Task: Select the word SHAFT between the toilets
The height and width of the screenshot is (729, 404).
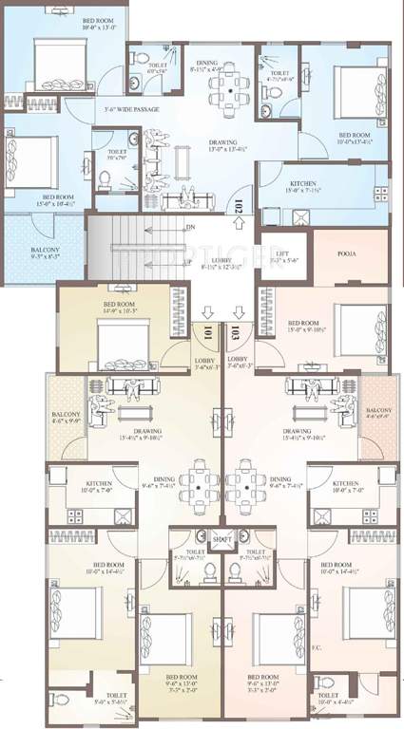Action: [x=222, y=539]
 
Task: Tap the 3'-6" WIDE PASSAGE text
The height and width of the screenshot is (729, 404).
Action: [x=131, y=110]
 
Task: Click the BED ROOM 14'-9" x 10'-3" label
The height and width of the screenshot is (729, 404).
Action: [x=123, y=307]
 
